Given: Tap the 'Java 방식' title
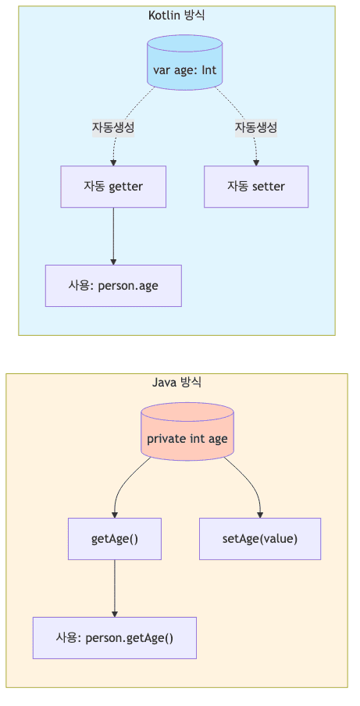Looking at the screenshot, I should coord(176,383).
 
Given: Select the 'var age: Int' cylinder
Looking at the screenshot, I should coord(185,70).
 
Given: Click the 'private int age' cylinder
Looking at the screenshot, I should coord(187,438).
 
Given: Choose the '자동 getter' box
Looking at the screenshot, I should coord(113,187).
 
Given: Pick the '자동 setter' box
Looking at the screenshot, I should coord(256,187).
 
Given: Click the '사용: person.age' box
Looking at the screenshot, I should coord(113,286).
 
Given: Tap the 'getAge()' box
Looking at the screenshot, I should coord(115,539).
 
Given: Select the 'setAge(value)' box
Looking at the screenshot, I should coord(260,539).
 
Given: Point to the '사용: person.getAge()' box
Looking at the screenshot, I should coord(115,638).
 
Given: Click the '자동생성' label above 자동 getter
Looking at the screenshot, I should coord(113,127).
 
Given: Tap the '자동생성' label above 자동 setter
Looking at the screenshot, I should coord(256,127).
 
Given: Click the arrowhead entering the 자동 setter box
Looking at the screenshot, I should coord(256,162).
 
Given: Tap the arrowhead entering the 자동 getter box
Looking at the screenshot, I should coord(113,162).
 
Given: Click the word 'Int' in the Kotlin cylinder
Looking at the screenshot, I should coord(209,70).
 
